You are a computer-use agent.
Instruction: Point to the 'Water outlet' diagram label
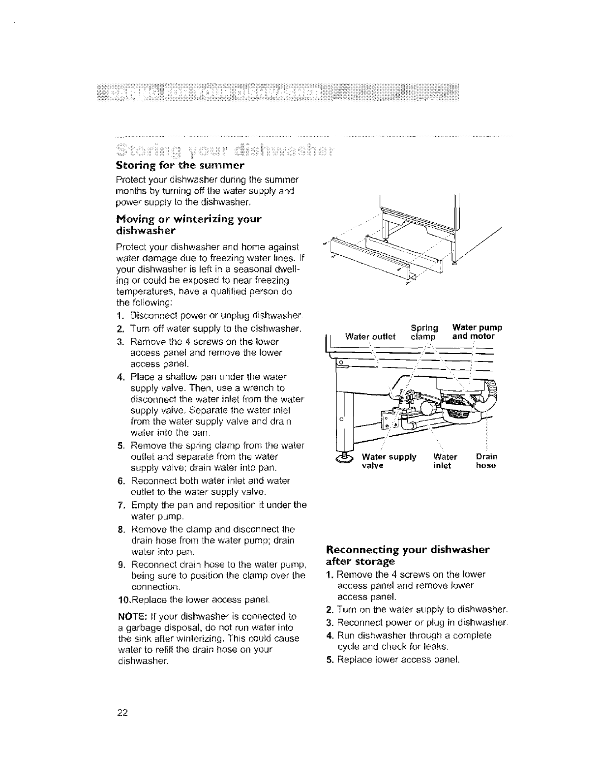(x=370, y=337)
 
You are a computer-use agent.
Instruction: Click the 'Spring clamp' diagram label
(x=424, y=332)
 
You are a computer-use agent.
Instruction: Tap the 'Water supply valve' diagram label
(x=389, y=461)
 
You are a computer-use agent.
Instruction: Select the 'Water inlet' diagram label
(x=446, y=461)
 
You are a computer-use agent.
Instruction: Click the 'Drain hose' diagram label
(x=486, y=461)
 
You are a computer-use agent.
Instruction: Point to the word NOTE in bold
(x=130, y=616)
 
